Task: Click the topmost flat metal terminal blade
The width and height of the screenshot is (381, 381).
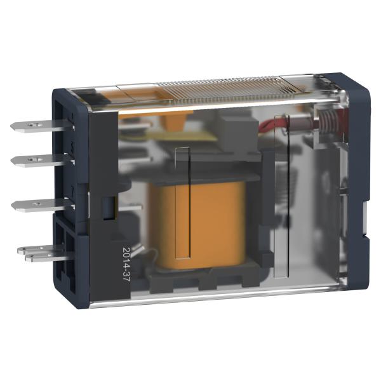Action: coord(41,126)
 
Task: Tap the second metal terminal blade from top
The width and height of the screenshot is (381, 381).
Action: coord(42,161)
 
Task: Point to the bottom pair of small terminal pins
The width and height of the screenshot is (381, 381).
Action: coord(44,253)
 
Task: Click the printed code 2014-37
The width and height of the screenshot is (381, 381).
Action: coord(126,264)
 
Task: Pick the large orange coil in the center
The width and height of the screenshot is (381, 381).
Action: coord(197,225)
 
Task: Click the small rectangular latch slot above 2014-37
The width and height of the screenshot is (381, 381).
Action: coord(109,208)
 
